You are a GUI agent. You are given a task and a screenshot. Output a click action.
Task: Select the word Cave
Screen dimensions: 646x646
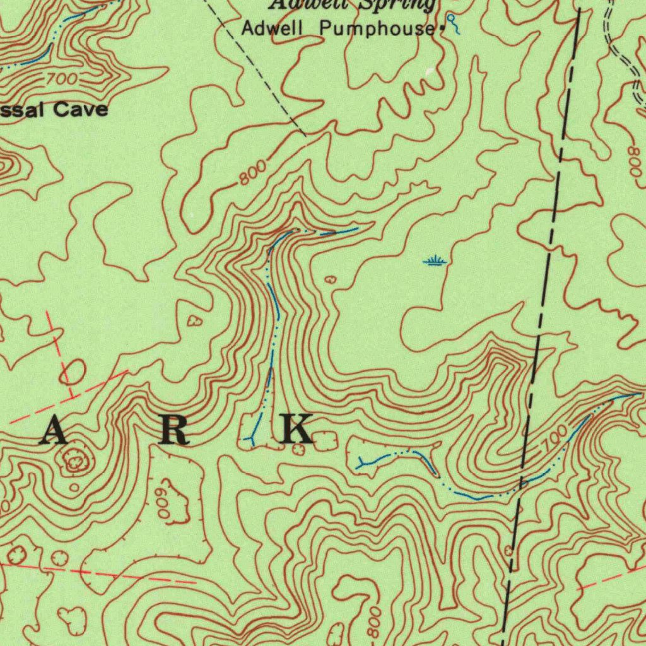click(80, 110)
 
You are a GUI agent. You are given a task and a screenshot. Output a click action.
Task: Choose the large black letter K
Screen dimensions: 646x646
click(296, 430)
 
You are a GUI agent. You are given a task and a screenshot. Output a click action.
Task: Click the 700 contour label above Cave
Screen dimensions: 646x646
click(61, 79)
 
